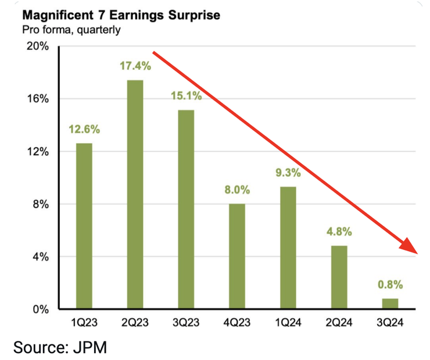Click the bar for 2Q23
(x=135, y=194)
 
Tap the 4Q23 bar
(x=236, y=256)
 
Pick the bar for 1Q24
(x=288, y=248)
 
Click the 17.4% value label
(x=135, y=66)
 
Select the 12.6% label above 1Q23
(x=84, y=130)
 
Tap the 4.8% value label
(x=338, y=232)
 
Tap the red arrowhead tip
(x=418, y=254)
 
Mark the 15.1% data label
(x=186, y=97)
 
